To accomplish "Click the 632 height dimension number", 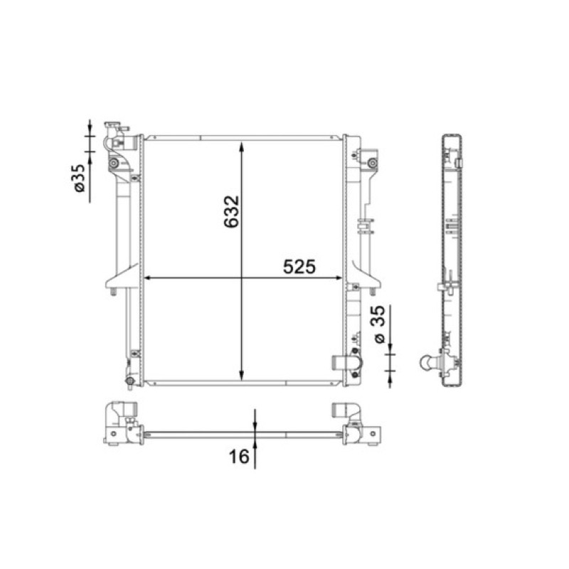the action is pyautogui.click(x=231, y=212).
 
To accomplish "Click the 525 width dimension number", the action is pyautogui.click(x=299, y=267).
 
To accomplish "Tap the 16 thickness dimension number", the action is pyautogui.click(x=239, y=456).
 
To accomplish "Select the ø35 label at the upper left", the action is pyautogui.click(x=79, y=179).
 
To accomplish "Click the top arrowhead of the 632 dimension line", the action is pyautogui.click(x=242, y=147).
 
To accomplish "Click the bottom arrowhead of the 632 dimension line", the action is pyautogui.click(x=242, y=376).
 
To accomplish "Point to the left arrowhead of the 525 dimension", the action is pyautogui.click(x=148, y=278).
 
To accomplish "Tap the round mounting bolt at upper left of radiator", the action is pyautogui.click(x=114, y=164).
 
